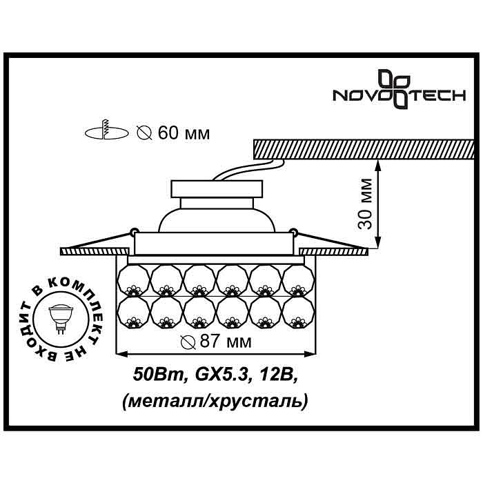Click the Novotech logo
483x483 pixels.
pos(399,89)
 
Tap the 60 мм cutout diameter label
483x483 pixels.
pos(173,133)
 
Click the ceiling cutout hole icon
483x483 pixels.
pos(106,131)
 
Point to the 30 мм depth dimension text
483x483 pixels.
pos(365,204)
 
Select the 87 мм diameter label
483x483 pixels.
pos(216,342)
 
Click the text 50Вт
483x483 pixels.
pos(158,375)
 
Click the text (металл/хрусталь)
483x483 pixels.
pos(215,401)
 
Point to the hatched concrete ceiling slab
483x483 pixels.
pos(364,150)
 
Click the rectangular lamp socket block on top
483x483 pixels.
pos(217,189)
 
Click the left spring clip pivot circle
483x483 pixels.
pos(134,230)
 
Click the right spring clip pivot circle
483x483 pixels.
pos(293,230)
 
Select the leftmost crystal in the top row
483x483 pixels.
pos(134,281)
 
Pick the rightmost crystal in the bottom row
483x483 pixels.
pos(298,313)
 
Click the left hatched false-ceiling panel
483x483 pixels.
pos(95,251)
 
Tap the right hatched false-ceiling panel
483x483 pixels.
pos(334,251)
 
